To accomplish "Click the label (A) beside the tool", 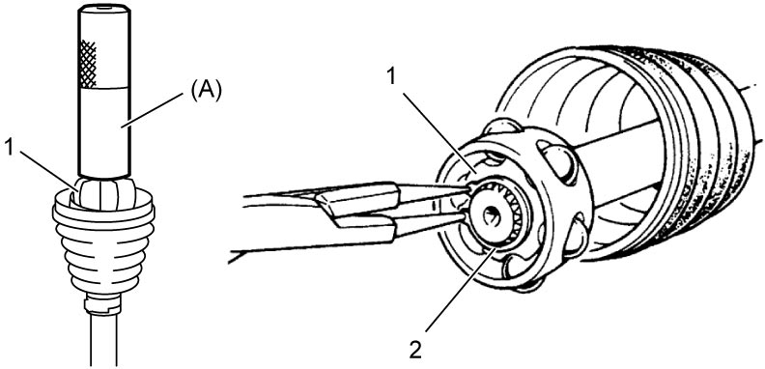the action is click(x=207, y=91).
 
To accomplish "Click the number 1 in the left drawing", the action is click(x=9, y=148).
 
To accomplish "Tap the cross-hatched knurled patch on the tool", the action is click(x=87, y=65).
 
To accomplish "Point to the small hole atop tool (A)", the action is click(x=103, y=8).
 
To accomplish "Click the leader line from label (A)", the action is click(x=153, y=110).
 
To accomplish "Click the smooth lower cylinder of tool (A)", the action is click(x=103, y=131).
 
